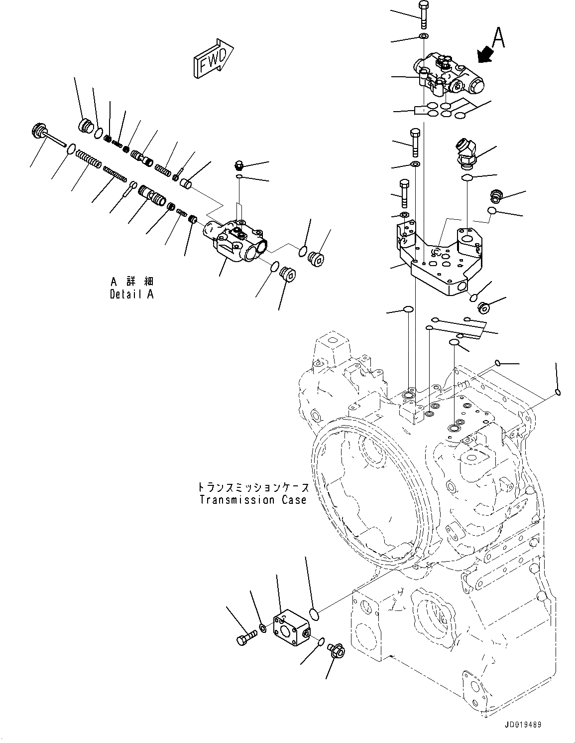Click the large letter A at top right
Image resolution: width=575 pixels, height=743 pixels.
point(498,38)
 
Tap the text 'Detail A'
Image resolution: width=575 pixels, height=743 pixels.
point(131,294)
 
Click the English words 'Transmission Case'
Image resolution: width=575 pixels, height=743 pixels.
point(253,499)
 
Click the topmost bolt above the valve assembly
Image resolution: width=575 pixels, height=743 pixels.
point(423,15)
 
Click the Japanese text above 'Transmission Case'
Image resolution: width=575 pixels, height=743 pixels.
point(253,486)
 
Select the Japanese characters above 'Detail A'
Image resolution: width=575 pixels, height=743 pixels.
point(131,282)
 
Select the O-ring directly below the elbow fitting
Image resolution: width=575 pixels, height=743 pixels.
point(467,178)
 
